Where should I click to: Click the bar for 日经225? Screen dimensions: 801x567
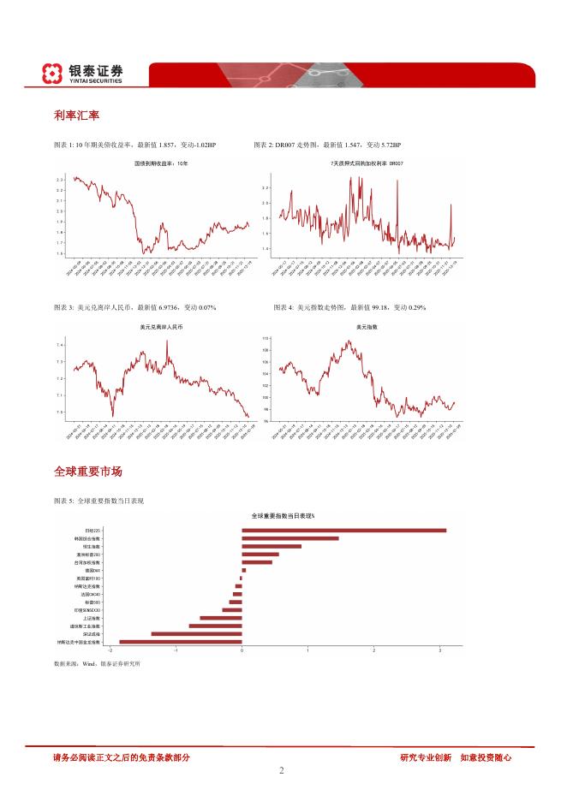[343, 531]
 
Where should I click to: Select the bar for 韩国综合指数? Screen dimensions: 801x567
[289, 538]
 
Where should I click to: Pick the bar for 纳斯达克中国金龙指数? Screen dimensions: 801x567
[180, 641]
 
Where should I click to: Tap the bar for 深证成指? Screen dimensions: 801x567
[196, 633]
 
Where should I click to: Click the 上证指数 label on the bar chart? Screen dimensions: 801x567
[92, 617]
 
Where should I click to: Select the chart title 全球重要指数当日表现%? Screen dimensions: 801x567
[283, 516]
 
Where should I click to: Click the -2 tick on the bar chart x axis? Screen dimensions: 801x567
[110, 650]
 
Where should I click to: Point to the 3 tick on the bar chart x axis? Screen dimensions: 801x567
[440, 650]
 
